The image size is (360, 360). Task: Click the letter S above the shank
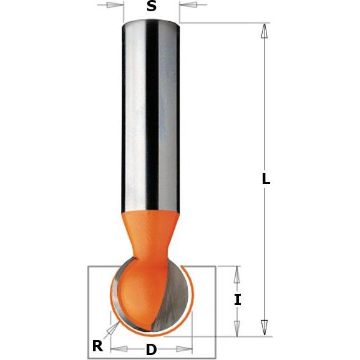pyautogui.click(x=150, y=7)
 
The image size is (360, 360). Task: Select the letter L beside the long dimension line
pyautogui.click(x=266, y=179)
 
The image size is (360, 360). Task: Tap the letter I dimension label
pyautogui.click(x=237, y=300)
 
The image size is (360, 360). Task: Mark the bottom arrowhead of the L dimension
pyautogui.click(x=265, y=328)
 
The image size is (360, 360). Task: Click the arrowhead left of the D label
pyautogui.click(x=117, y=348)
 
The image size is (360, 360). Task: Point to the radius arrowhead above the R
pyautogui.click(x=112, y=328)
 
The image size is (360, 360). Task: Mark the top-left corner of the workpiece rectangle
pyautogui.click(x=88, y=266)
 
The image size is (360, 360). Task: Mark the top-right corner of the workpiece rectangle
pyautogui.click(x=215, y=266)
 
